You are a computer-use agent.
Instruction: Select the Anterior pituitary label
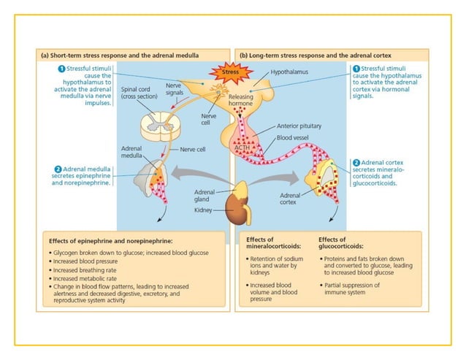(299, 126)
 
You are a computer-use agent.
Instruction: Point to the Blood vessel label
(294, 137)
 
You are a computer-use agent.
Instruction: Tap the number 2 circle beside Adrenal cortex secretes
(356, 162)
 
